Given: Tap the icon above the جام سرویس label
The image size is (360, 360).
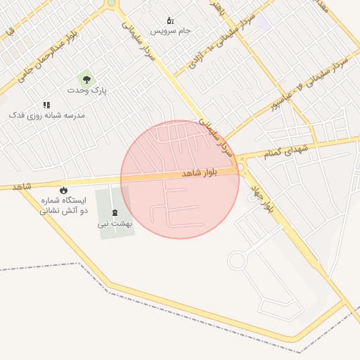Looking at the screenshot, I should pyautogui.click(x=169, y=20).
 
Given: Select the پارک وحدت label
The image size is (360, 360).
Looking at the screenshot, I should pyautogui.click(x=87, y=91).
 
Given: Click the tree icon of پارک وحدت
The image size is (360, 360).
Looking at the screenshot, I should pyautogui.click(x=87, y=80).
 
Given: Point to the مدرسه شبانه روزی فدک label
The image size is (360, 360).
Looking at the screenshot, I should pyautogui.click(x=47, y=115).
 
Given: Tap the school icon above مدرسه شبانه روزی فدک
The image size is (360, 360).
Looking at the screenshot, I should pyautogui.click(x=47, y=105).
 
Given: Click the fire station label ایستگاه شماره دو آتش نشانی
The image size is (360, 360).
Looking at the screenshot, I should pyautogui.click(x=64, y=205).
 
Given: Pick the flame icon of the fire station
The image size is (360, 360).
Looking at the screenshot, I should pyautogui.click(x=64, y=190).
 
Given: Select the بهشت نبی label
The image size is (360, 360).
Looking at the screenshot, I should pyautogui.click(x=114, y=224).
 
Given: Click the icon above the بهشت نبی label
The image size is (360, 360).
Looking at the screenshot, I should pyautogui.click(x=115, y=212).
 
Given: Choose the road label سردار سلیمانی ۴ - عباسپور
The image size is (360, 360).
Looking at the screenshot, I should pyautogui.click(x=311, y=84).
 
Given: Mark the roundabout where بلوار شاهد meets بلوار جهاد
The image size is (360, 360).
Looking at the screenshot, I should pyautogui.click(x=240, y=167).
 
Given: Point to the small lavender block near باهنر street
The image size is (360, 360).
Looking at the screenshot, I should pyautogui.click(x=263, y=22).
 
